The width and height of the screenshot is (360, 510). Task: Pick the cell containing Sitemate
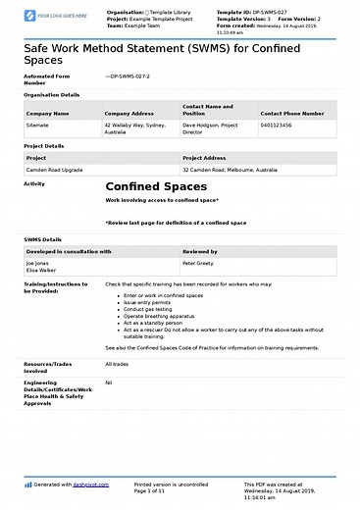pos(37,126)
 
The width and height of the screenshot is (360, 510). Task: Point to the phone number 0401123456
pos(279,126)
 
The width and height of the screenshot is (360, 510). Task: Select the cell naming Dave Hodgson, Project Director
pos(213,128)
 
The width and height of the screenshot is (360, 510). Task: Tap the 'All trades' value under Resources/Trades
pos(116,365)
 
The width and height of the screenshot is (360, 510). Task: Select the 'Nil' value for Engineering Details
pos(109,383)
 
